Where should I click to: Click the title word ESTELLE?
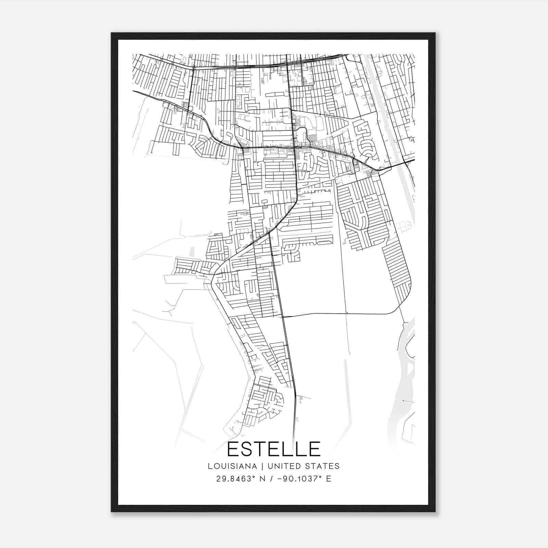pos(274,449)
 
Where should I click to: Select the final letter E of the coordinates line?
pos(329,479)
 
